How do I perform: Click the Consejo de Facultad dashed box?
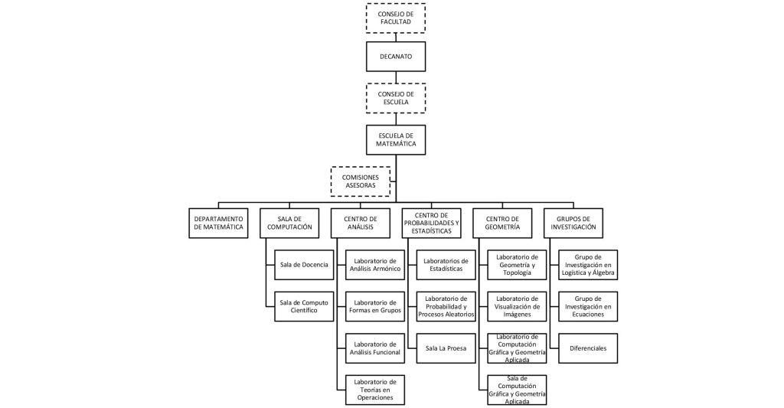coord(396,18)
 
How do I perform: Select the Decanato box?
coord(396,57)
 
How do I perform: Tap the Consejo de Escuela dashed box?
coord(396,98)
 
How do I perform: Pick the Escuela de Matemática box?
coord(396,139)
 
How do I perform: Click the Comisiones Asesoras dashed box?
coord(360,181)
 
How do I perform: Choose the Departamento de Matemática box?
coord(219,223)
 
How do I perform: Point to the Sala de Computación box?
coord(289,223)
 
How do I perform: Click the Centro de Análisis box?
coord(360,223)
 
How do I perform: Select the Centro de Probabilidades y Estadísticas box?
coord(431,223)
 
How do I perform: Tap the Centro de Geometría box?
coord(502,223)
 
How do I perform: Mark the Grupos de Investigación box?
coord(573,223)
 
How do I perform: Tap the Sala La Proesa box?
coord(446,348)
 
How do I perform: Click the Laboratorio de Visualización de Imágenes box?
coord(517,306)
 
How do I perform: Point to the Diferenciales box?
coord(588,348)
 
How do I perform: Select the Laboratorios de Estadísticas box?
coord(446,265)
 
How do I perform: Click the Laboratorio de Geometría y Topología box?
coord(517,265)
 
